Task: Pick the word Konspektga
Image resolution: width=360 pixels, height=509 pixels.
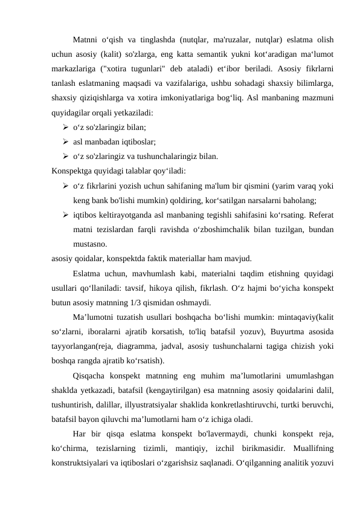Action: pyautogui.click(x=73, y=170)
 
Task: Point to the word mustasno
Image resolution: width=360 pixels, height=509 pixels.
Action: pyautogui.click(x=90, y=244)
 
